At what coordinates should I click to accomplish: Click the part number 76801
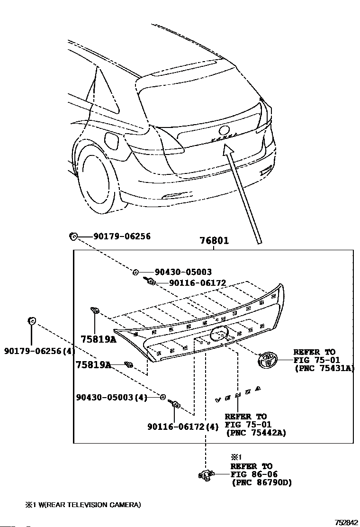pyautogui.click(x=214, y=241)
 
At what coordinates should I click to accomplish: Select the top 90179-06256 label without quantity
pyautogui.click(x=122, y=236)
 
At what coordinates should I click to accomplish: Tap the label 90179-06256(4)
pyautogui.click(x=40, y=351)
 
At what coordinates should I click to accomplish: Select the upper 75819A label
pyautogui.click(x=99, y=339)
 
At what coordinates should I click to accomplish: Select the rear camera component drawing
pyautogui.click(x=206, y=474)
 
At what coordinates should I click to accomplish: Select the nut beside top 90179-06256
pyautogui.click(x=73, y=236)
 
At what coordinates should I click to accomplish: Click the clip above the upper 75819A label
pyautogui.click(x=94, y=311)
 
